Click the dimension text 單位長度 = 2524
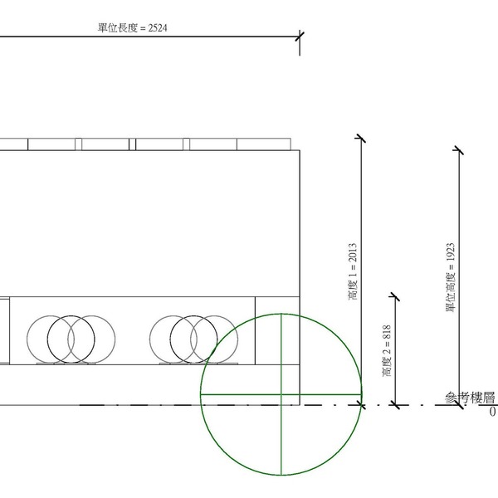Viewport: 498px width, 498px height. point(132,28)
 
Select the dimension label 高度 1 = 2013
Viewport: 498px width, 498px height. point(353,271)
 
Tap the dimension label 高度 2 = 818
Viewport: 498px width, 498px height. point(387,350)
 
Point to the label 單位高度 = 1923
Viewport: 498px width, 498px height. point(451,277)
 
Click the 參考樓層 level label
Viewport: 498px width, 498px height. point(470,398)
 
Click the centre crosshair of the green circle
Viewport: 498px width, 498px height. point(281,394)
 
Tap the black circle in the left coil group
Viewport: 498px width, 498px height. point(71,339)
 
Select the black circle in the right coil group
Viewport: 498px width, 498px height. point(193,339)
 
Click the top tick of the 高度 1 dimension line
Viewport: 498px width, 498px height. point(361,138)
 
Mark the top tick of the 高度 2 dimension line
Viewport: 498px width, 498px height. point(395,296)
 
